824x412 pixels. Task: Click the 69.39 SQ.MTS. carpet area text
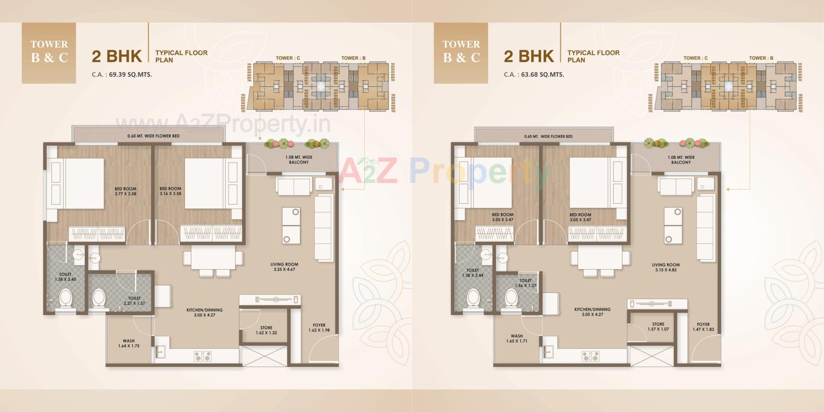(x=130, y=74)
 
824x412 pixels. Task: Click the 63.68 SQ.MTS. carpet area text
(x=542, y=74)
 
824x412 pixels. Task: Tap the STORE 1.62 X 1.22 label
(x=266, y=330)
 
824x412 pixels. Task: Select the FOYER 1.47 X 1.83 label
(x=703, y=327)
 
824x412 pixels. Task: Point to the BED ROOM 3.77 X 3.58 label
(x=125, y=191)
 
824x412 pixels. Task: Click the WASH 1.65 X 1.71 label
(x=517, y=339)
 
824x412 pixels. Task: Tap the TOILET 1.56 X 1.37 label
(x=525, y=283)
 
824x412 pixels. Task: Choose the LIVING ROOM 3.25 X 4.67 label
(x=284, y=267)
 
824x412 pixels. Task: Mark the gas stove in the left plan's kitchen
(x=203, y=356)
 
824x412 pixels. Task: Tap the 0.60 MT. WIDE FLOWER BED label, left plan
(x=153, y=136)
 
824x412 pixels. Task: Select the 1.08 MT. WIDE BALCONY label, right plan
(x=681, y=160)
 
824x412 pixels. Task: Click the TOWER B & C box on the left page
(x=49, y=52)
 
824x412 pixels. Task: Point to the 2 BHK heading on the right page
(x=529, y=56)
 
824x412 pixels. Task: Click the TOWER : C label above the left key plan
(x=288, y=58)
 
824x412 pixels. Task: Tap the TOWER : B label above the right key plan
(x=761, y=58)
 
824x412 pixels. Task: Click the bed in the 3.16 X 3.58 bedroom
(x=204, y=184)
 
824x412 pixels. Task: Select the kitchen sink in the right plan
(x=548, y=352)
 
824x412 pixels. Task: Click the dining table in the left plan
(x=213, y=258)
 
